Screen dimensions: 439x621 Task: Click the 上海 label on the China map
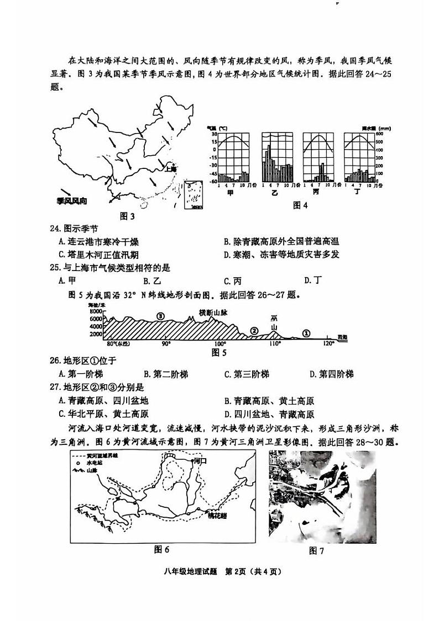pos(165,170)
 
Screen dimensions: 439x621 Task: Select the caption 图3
pos(128,216)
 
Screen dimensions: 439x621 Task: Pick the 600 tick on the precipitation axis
pos(380,134)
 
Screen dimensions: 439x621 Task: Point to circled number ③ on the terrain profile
pos(160,316)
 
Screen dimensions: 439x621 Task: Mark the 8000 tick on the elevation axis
pos(95,311)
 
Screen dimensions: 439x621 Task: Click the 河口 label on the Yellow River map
pos(197,459)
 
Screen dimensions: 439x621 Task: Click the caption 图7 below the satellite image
pos(316,550)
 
